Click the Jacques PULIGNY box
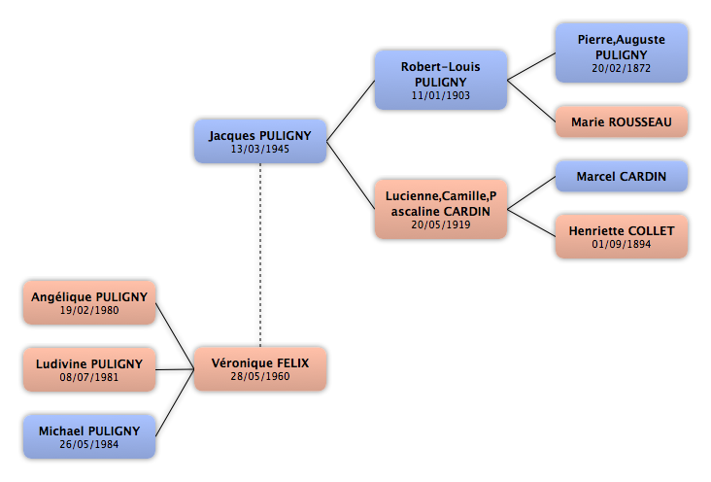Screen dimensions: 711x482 [x=260, y=141]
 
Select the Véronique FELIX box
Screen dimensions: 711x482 [x=260, y=369]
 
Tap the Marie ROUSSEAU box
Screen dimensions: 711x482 [x=622, y=121]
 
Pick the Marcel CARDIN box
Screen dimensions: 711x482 [x=622, y=176]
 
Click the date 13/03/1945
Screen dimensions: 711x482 [x=259, y=149]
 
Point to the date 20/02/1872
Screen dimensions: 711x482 [x=622, y=68]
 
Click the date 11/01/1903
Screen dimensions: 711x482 [x=441, y=95]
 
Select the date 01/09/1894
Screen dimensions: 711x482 [x=622, y=244]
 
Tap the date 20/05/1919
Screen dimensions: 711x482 [x=441, y=224]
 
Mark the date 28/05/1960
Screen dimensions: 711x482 [x=259, y=376]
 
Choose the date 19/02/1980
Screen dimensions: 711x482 [x=89, y=310]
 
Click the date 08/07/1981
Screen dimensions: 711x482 [x=89, y=377]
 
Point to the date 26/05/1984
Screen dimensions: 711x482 [x=89, y=444]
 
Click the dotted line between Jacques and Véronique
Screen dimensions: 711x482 [x=260, y=255]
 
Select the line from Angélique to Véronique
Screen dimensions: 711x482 [x=175, y=336]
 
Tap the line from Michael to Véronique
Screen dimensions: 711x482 [x=175, y=403]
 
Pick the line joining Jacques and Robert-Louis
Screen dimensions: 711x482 [x=351, y=111]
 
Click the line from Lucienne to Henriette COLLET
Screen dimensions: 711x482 [x=531, y=223]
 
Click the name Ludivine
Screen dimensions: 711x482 [x=61, y=364]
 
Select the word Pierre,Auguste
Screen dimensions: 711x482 [x=622, y=40]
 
